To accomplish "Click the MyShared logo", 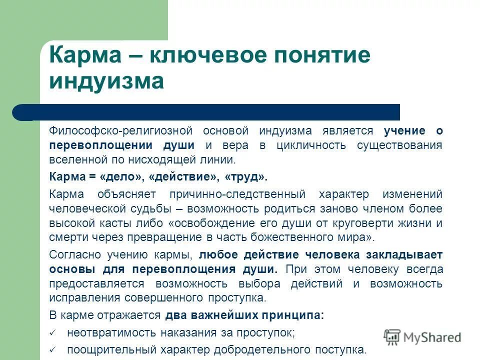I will tap(423, 337).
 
